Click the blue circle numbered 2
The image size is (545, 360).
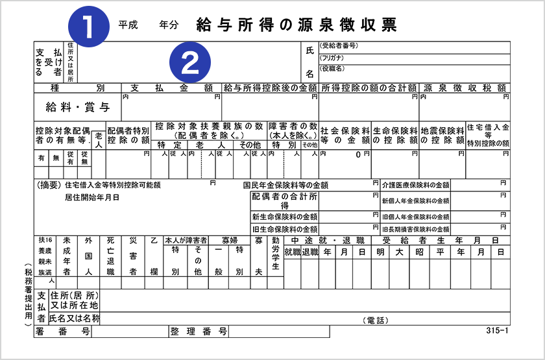tap(189, 62)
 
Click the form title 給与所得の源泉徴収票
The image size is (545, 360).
tap(296, 25)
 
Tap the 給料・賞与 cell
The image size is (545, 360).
tap(77, 107)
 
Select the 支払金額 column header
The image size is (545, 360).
tap(172, 87)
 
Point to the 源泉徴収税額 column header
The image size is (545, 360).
tap(465, 87)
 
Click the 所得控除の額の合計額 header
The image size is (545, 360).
tap(368, 87)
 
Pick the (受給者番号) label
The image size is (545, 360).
tap(338, 46)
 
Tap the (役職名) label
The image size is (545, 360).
tap(332, 69)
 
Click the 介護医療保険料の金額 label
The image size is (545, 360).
tap(415, 185)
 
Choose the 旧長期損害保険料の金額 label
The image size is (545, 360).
tap(415, 229)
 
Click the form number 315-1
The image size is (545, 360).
tap(496, 331)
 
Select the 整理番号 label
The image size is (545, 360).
tap(198, 331)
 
